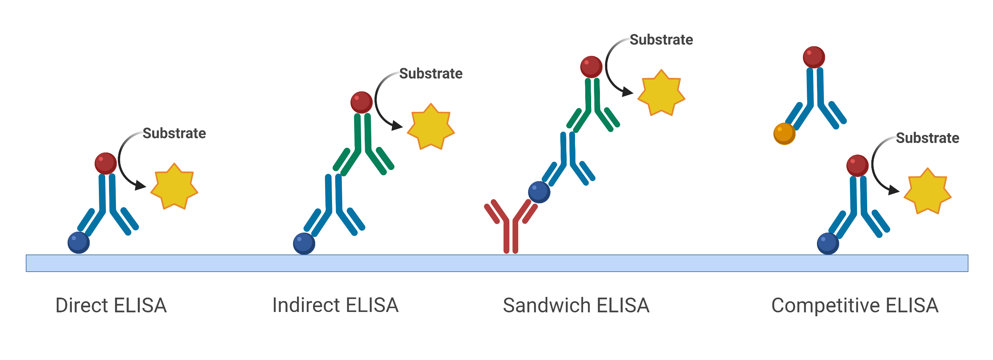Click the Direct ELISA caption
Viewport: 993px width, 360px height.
[111, 305]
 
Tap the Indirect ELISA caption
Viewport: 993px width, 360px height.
[335, 305]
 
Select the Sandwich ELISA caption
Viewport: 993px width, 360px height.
[576, 305]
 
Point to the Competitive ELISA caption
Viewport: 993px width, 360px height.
[854, 305]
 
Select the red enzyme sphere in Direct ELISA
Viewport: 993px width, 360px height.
[106, 163]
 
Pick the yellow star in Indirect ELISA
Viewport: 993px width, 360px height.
[431, 127]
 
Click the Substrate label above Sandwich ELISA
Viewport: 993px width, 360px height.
[661, 40]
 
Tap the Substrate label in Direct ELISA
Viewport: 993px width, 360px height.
[174, 133]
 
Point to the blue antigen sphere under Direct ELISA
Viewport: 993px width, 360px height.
[79, 243]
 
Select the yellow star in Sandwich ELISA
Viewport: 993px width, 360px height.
[661, 93]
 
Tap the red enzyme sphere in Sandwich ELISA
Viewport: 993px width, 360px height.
[591, 67]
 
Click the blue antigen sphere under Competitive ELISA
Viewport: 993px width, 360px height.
[827, 244]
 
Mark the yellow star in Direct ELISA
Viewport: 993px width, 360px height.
[174, 186]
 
